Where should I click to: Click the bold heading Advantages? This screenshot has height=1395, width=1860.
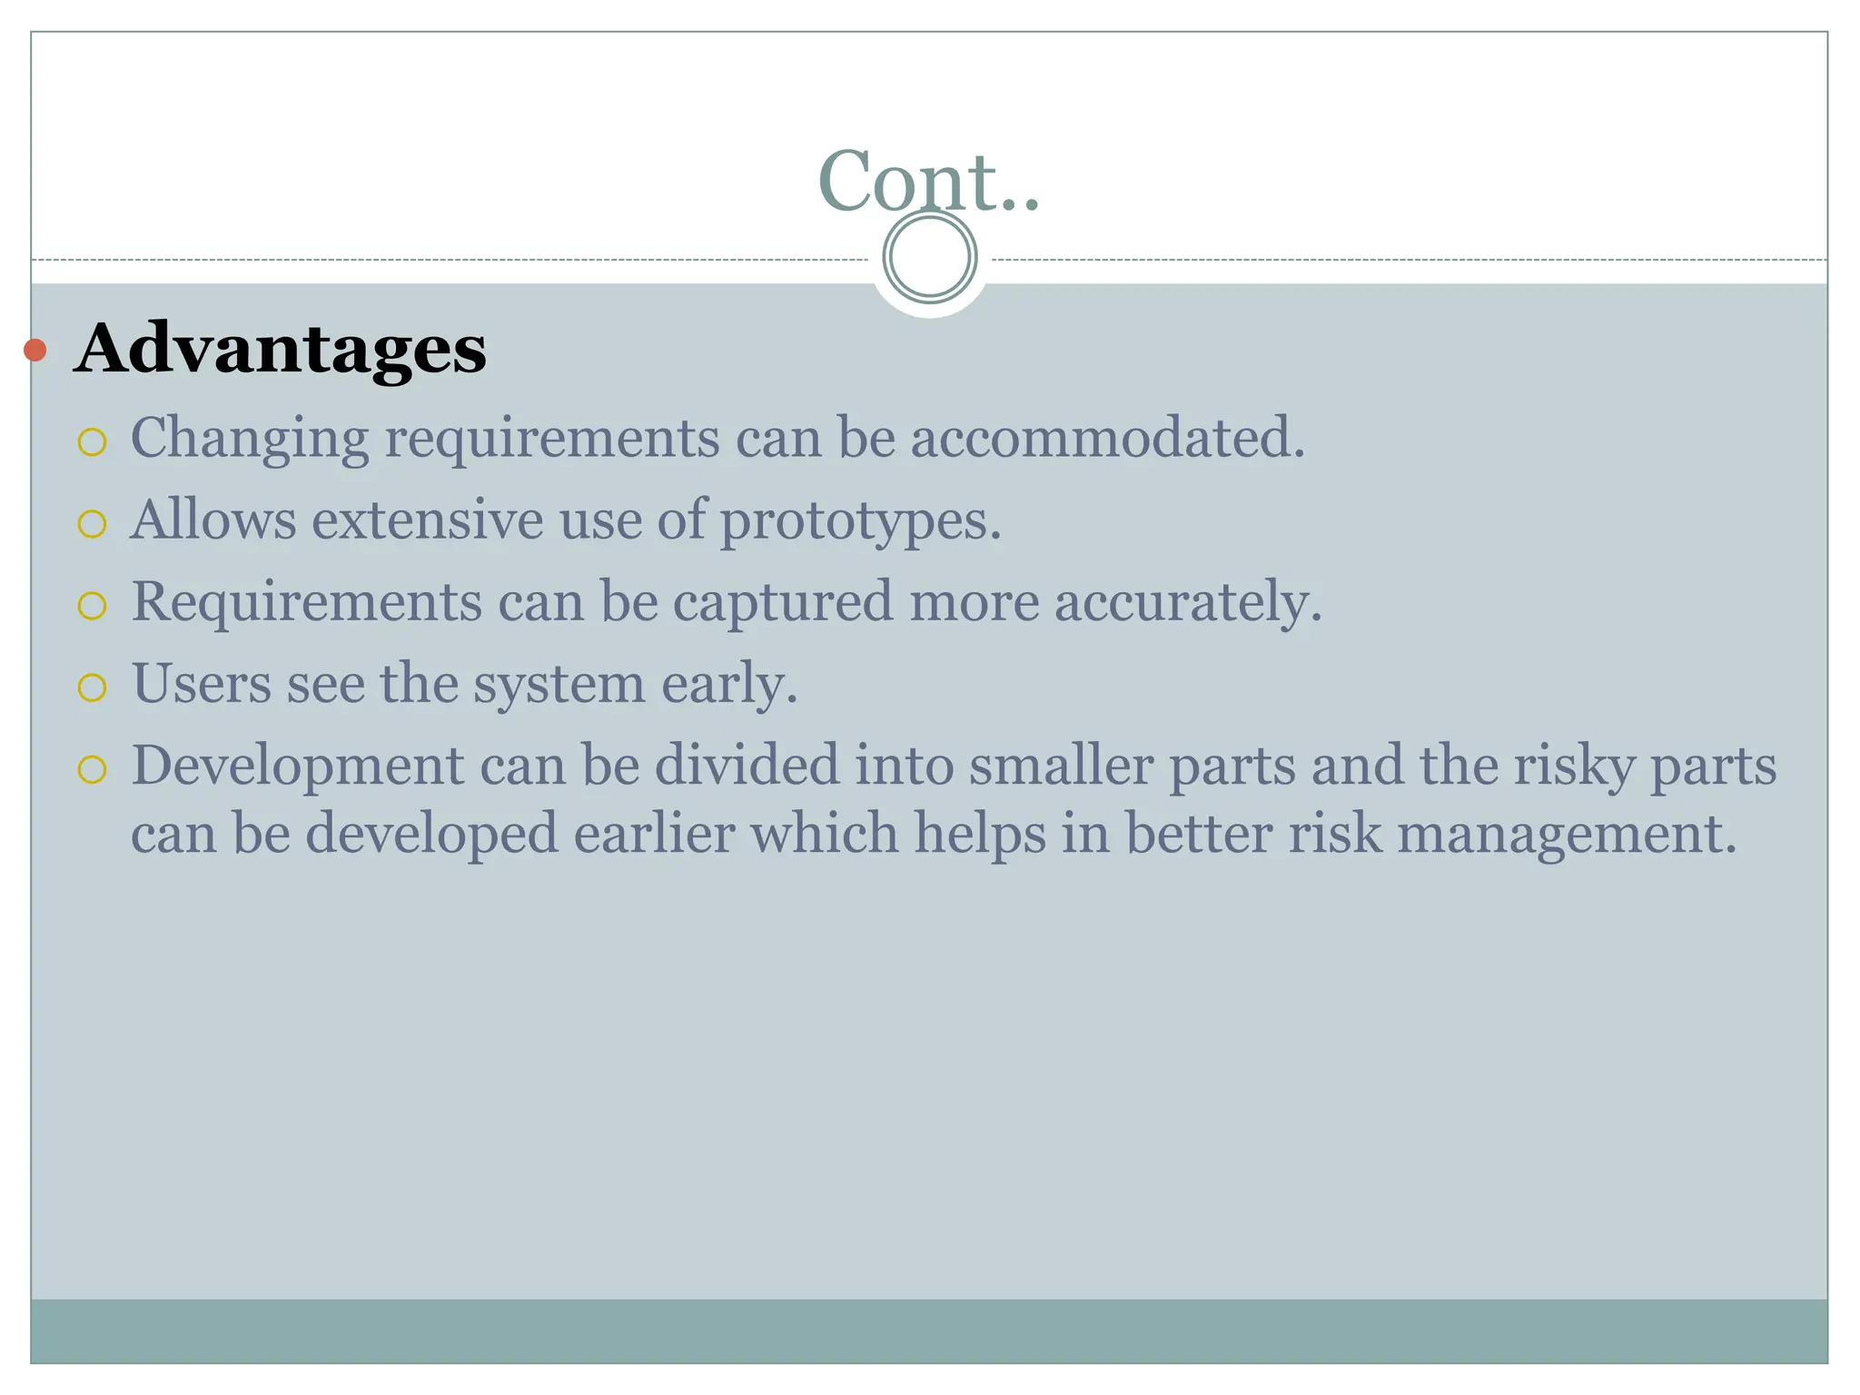(280, 349)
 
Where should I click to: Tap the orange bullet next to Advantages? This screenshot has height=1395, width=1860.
(35, 350)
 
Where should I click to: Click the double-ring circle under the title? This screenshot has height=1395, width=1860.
(929, 257)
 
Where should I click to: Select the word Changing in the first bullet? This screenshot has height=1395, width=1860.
(250, 439)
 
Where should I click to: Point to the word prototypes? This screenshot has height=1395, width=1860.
(860, 521)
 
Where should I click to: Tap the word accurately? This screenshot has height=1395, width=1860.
(1187, 602)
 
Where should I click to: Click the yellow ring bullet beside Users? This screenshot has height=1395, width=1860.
(93, 688)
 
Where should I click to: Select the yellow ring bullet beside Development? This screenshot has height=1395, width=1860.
(93, 770)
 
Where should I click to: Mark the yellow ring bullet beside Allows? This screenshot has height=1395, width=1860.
(93, 524)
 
